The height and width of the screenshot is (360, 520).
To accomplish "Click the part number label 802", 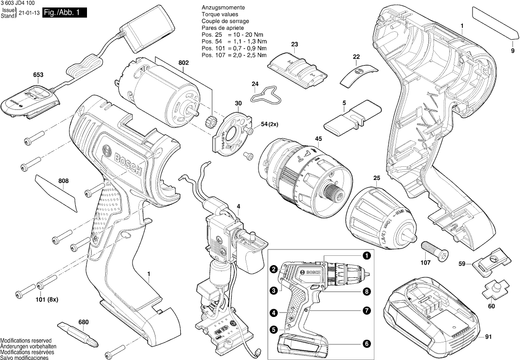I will coord(183,63).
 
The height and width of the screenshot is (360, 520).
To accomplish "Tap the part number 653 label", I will coord(38,75).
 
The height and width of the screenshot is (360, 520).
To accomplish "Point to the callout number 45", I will coord(319,139).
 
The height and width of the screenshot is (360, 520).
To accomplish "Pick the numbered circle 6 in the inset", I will coord(366,343).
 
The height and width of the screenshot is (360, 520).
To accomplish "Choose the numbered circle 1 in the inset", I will coord(366,255).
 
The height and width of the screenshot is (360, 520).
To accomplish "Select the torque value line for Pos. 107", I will coord(234,56).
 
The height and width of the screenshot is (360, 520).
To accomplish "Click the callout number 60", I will coord(491,306).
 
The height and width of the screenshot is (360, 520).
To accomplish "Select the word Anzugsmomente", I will coord(223,9).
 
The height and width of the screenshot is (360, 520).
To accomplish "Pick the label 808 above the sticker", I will coord(64,181).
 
